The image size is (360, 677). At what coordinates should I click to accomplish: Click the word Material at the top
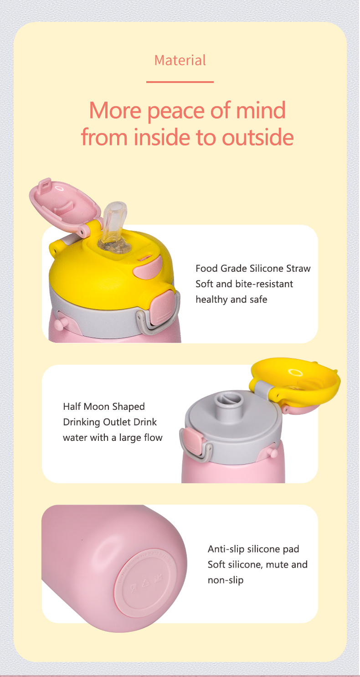(x=180, y=60)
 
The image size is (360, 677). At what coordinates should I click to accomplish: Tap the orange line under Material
(x=180, y=82)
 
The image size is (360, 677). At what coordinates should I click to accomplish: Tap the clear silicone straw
(x=113, y=224)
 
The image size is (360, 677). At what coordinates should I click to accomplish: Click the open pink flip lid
(x=65, y=202)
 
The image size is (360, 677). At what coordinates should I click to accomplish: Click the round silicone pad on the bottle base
(x=147, y=582)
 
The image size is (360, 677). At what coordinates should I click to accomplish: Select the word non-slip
(x=226, y=580)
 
